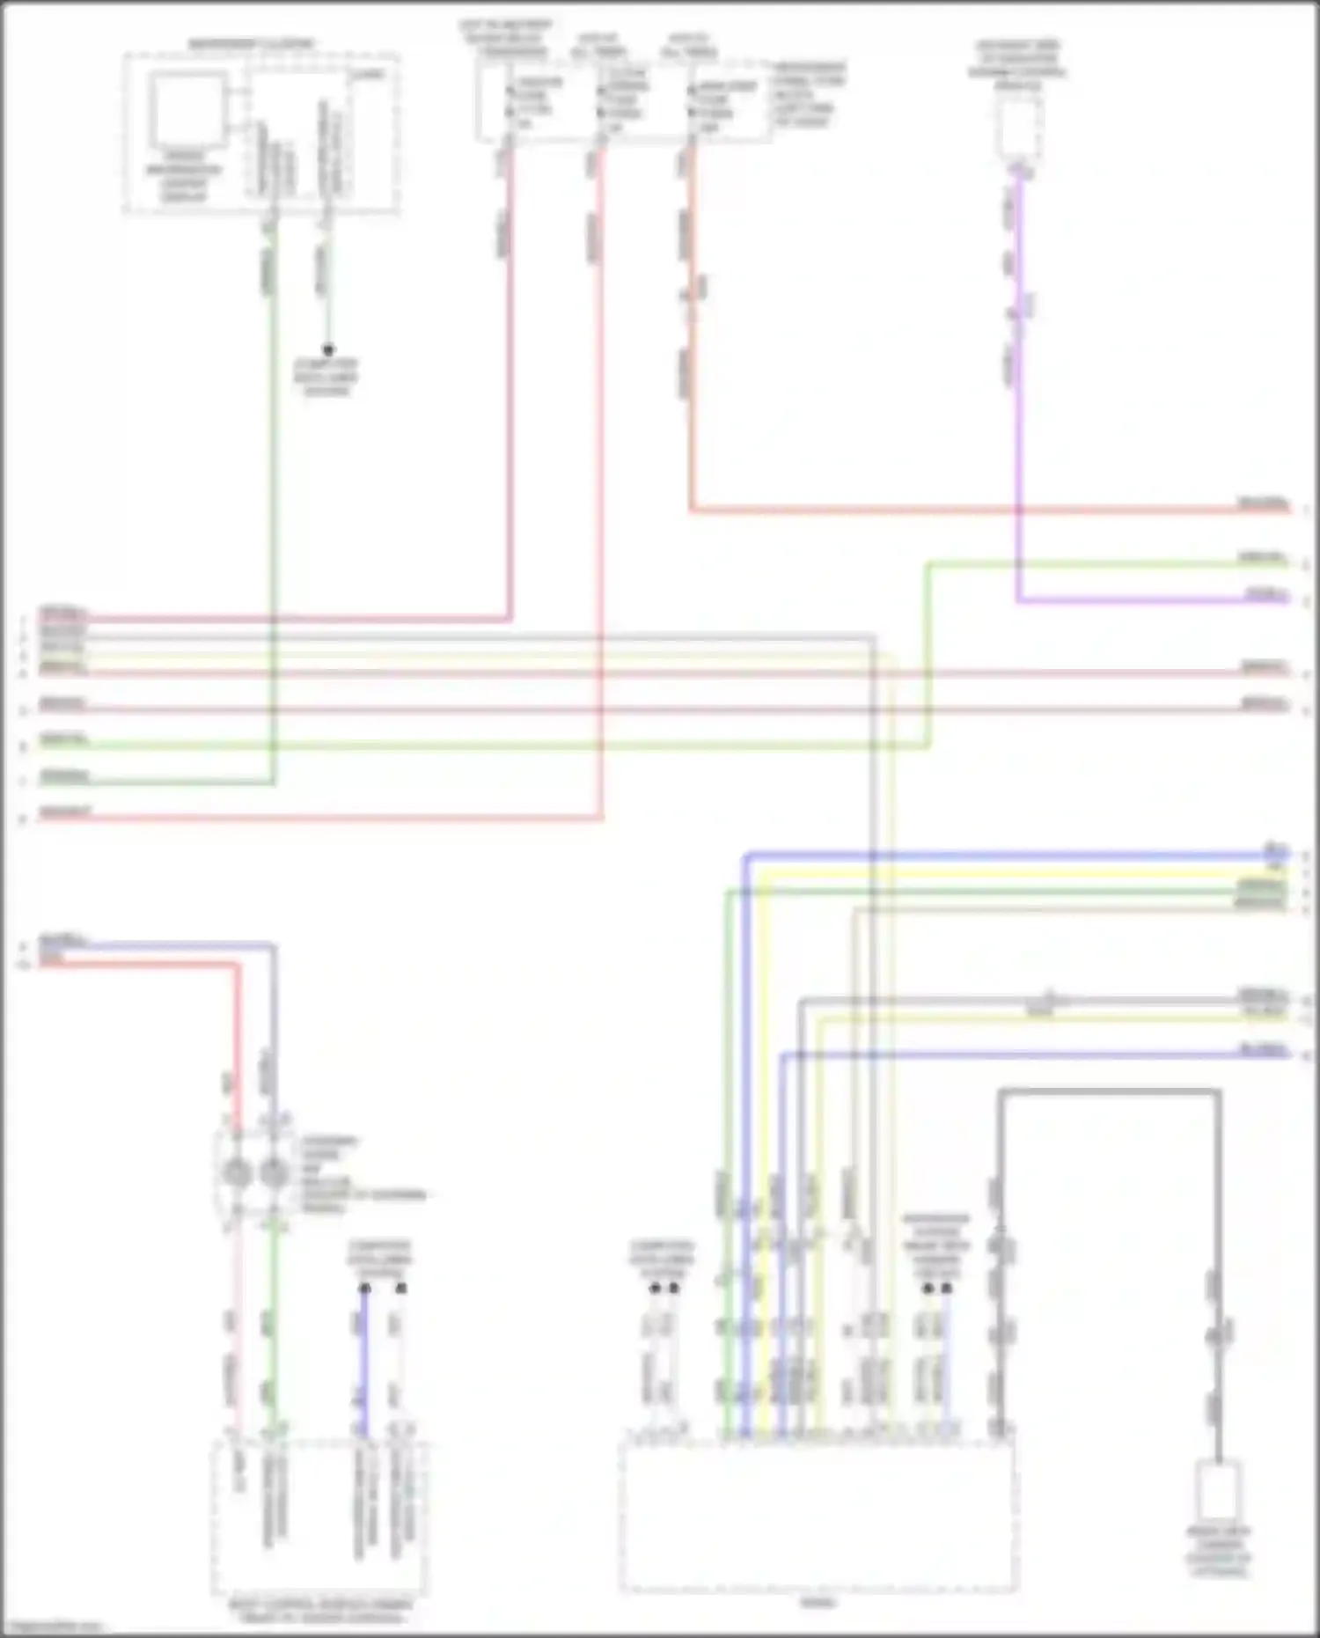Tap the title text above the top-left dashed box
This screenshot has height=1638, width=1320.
tap(252, 44)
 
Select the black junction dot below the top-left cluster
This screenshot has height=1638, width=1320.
tap(328, 349)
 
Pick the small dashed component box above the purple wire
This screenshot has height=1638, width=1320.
tap(1019, 129)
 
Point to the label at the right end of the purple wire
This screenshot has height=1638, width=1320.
tap(1265, 596)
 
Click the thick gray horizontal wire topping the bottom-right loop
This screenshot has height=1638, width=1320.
tap(1109, 1093)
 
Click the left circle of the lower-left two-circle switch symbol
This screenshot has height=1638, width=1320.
tap(238, 1172)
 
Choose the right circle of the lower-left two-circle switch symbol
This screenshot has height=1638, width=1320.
tap(275, 1172)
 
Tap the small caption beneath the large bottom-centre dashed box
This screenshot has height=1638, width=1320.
tap(818, 1603)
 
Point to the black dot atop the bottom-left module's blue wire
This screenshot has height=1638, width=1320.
tap(364, 1288)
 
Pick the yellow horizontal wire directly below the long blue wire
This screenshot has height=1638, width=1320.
tap(1012, 873)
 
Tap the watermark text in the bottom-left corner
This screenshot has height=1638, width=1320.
tap(53, 1627)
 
